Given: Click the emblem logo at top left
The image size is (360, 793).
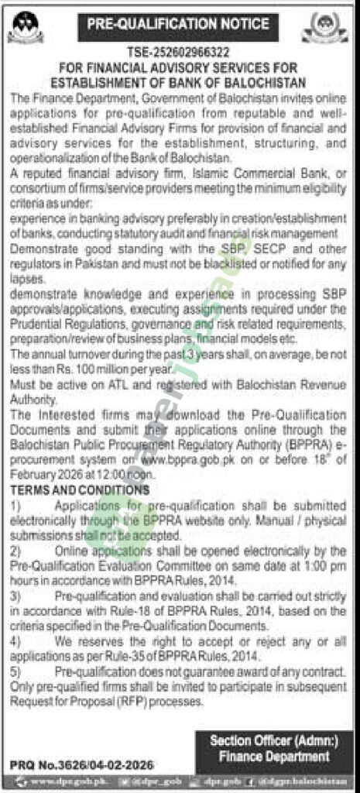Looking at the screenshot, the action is coord(26,28).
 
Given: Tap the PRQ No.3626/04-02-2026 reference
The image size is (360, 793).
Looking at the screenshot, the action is coord(61,764).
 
